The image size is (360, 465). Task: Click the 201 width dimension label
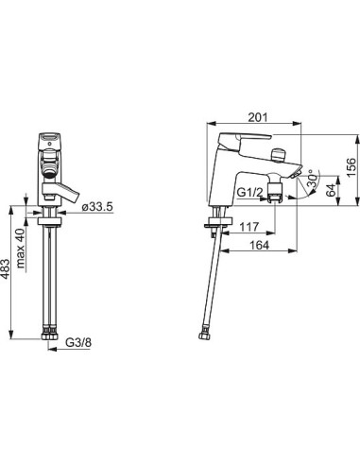pyautogui.click(x=258, y=117)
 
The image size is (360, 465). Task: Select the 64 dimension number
pyautogui.click(x=331, y=191)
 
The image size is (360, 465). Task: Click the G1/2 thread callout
pyautogui.click(x=249, y=192)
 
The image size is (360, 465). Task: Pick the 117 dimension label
pyautogui.click(x=249, y=227)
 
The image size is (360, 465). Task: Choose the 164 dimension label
pyautogui.click(x=260, y=245)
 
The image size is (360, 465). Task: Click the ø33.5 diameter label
pyautogui.click(x=96, y=207)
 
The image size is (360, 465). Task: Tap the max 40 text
pyautogui.click(x=21, y=249)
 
